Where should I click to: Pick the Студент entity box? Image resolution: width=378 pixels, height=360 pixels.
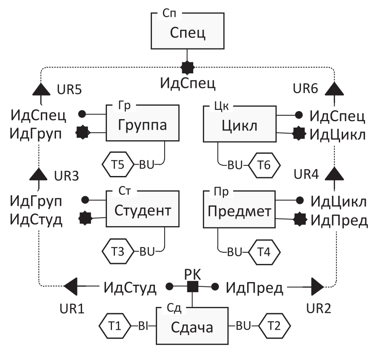pos(142,210)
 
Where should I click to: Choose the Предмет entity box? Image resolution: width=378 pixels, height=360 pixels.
pos(239,210)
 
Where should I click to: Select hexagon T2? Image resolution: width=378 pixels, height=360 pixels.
pos(274,326)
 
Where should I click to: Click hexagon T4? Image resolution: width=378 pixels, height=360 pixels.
pos(264,252)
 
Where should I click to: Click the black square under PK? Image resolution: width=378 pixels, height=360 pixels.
pos(192,287)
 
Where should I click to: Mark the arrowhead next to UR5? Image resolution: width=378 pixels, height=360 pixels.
pos(41,89)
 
